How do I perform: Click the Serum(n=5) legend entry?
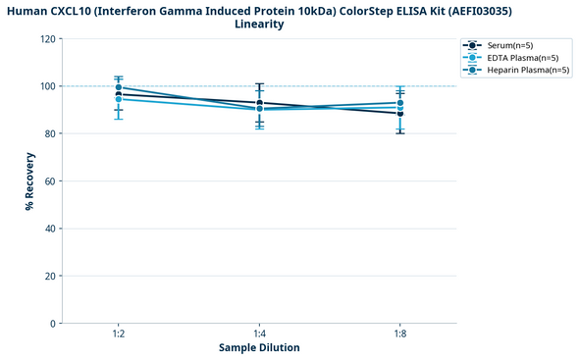pos(515,45)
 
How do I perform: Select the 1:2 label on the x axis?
pos(118,334)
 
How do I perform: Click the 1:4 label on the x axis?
pos(259,334)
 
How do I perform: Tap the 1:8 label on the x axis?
pos(400,334)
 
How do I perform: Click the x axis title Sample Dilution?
pos(259,348)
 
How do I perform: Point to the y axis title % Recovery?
pos(29,181)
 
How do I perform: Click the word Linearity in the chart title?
pos(259,24)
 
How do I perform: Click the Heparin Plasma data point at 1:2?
pos(118,87)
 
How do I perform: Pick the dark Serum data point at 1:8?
pos(400,114)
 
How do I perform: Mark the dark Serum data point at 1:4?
pos(259,103)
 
